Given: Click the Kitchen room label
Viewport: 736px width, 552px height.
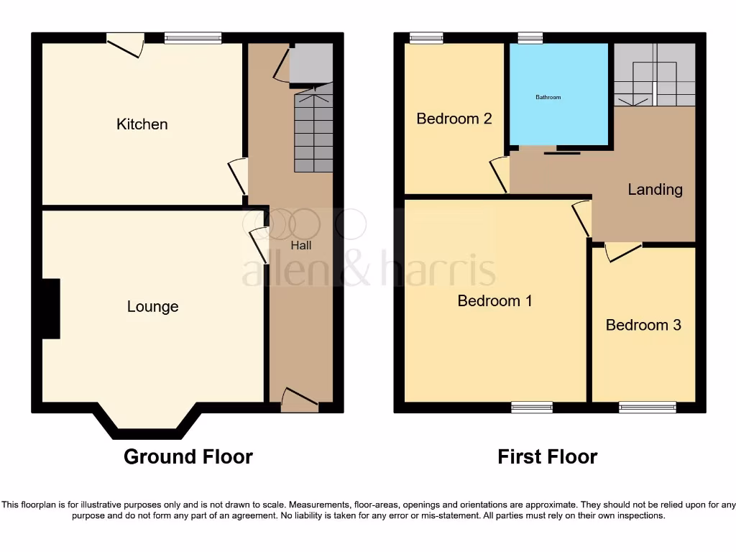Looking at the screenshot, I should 142,124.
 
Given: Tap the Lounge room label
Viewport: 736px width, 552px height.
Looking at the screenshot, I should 152,307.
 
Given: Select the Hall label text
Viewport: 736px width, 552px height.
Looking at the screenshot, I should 301,245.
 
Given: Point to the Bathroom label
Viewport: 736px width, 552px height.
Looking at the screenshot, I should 548,97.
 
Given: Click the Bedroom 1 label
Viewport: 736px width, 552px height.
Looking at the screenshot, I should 494,300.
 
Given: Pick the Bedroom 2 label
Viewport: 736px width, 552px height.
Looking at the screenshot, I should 454,119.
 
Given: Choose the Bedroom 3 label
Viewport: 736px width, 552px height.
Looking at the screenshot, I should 643,325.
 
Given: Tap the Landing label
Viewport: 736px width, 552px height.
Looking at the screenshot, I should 655,190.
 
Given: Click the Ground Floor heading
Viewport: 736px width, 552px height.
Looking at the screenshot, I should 188,456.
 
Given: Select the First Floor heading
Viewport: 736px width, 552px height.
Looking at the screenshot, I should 548,456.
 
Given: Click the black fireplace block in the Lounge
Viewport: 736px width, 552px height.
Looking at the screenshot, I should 50,308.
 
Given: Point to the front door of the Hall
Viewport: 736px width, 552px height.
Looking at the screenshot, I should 300,402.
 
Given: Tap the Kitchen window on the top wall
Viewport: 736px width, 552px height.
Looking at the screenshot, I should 193,38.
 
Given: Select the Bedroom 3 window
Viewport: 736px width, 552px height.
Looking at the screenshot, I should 648,408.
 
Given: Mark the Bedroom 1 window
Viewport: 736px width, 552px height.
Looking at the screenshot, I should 532,408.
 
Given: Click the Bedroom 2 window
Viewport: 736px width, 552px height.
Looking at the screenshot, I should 426,38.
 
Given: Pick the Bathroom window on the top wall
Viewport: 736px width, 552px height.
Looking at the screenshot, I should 530,38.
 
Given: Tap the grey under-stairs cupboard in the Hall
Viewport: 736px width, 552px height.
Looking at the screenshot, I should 311,64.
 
